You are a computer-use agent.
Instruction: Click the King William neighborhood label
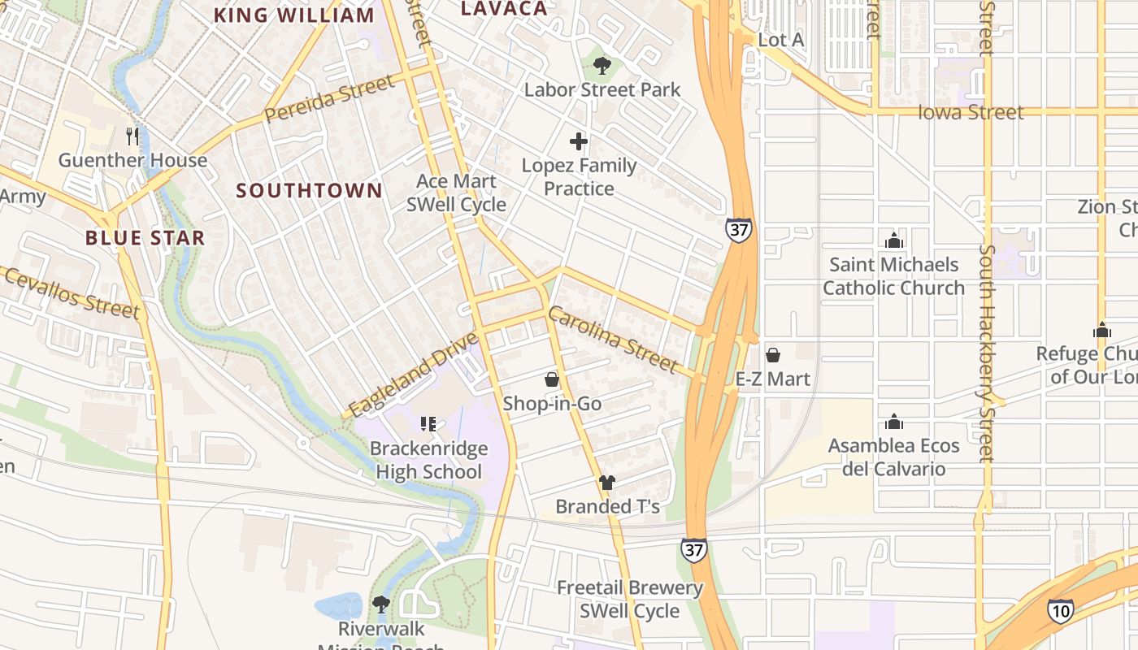[x=293, y=15]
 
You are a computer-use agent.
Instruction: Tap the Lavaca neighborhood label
[x=504, y=8]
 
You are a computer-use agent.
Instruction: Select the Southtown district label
[x=309, y=190]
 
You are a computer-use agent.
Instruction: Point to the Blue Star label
[x=145, y=238]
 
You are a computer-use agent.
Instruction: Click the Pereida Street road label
[x=329, y=98]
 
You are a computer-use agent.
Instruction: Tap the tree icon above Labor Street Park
[x=602, y=65]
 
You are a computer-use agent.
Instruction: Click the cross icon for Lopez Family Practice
[x=579, y=142]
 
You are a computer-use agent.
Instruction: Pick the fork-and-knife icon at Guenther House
[x=133, y=136]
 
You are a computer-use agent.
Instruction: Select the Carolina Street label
[x=612, y=339]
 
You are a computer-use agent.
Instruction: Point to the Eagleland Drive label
[x=414, y=373]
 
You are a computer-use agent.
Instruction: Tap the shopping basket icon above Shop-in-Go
[x=552, y=379]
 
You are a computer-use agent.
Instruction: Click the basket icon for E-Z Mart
[x=773, y=355]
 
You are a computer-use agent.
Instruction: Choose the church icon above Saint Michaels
[x=894, y=240]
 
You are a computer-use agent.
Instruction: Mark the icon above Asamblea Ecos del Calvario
[x=894, y=422]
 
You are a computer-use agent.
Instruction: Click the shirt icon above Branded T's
[x=607, y=483]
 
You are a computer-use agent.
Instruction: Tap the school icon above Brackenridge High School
[x=428, y=423]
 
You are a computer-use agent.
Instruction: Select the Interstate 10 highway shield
[x=1060, y=610]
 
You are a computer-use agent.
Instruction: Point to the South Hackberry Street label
[x=987, y=353]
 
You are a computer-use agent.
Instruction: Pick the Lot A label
[x=781, y=40]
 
